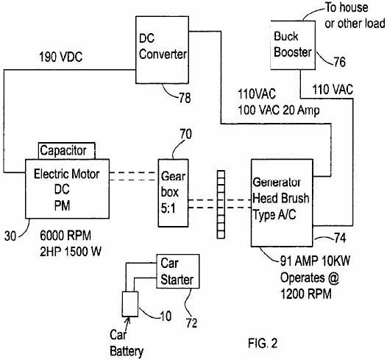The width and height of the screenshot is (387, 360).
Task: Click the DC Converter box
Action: (162, 50)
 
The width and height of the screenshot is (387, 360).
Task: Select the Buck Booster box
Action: (293, 45)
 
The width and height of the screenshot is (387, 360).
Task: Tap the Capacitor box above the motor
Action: (67, 151)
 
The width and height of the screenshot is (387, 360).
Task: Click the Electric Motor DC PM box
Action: (67, 189)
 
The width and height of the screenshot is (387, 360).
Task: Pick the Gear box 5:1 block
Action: (173, 193)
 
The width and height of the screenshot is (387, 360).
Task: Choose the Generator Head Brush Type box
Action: (282, 203)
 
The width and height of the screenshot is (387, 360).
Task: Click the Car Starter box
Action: (178, 271)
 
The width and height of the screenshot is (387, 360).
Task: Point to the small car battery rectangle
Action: (130, 304)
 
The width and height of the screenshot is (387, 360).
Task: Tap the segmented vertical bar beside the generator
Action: (221, 205)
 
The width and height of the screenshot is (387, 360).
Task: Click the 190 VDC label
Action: (61, 57)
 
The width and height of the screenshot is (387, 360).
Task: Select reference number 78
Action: (185, 98)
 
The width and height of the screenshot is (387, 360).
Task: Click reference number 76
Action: (340, 62)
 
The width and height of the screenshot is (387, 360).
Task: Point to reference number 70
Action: (185, 134)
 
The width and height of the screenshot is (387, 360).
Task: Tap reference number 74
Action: (340, 238)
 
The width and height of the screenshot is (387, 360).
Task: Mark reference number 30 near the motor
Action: (10, 236)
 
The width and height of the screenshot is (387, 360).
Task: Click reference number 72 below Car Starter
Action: (191, 323)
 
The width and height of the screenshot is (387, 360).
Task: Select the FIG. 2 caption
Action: (263, 343)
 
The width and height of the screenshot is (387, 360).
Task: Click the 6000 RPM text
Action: (65, 236)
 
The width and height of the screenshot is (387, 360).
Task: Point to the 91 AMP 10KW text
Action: (315, 261)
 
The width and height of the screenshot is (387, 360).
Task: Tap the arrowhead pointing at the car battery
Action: (128, 320)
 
